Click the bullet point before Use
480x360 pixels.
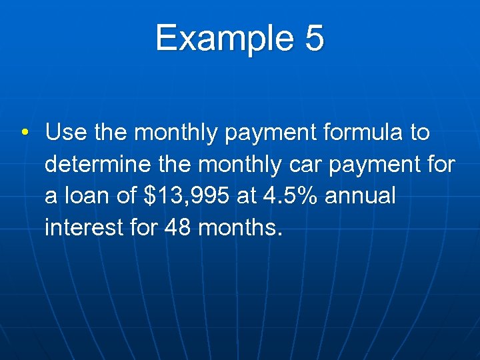pos(24,133)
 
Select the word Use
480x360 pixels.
pos(66,133)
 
